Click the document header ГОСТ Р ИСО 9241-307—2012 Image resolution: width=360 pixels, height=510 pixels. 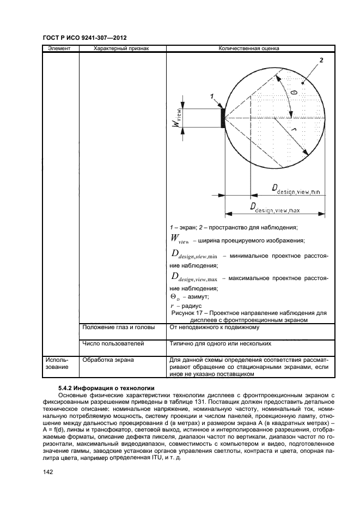click(x=84, y=38)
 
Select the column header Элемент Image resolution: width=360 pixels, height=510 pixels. click(x=59, y=48)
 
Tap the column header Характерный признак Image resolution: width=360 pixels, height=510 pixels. click(x=121, y=48)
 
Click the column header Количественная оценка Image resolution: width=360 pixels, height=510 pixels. click(x=249, y=48)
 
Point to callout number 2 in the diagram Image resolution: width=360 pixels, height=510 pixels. click(x=321, y=60)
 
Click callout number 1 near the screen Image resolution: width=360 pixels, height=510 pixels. click(x=212, y=96)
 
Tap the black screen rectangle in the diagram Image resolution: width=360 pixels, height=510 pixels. click(x=223, y=117)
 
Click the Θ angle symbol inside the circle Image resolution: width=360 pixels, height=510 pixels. click(x=294, y=93)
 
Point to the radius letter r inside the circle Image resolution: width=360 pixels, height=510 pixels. click(x=294, y=130)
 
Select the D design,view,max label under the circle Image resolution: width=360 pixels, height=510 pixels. click(x=275, y=208)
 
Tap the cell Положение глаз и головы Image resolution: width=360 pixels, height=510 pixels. click(x=119, y=327)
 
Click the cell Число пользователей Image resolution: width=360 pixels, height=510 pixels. click(x=113, y=343)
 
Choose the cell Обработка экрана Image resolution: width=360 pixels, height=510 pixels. click(x=108, y=360)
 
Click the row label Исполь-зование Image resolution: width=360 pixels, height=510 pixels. click(x=57, y=363)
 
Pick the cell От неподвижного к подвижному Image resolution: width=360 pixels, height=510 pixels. click(x=215, y=327)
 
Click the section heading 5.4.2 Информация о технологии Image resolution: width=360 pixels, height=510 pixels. click(x=106, y=388)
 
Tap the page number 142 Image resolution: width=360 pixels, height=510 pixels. click(x=47, y=472)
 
